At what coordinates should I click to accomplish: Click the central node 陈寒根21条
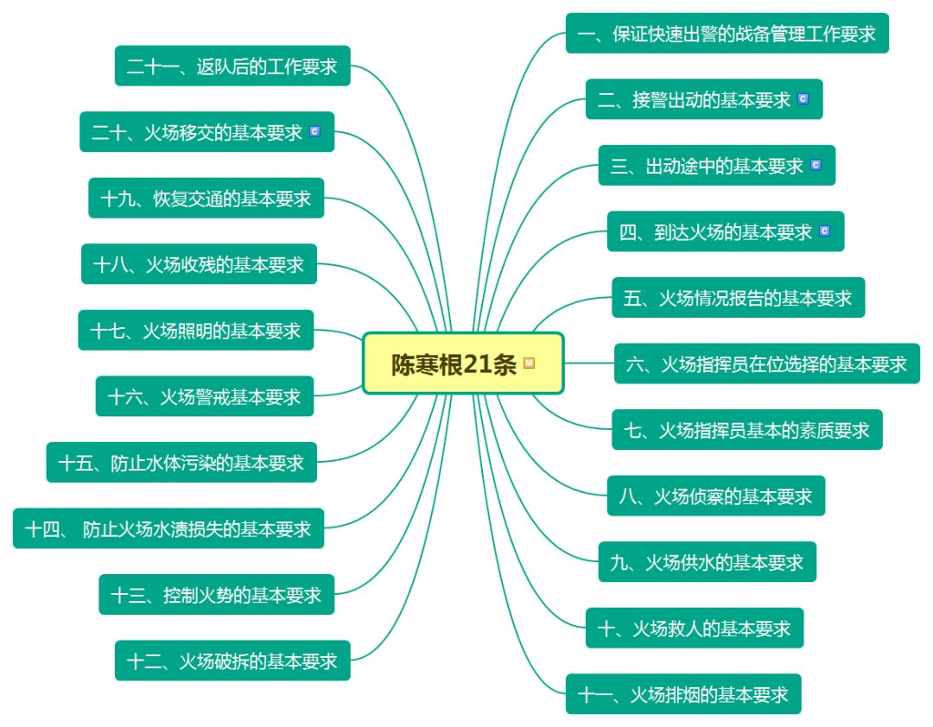tap(454, 363)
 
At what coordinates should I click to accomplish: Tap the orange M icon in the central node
tap(530, 363)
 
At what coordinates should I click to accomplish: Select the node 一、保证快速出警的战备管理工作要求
tap(727, 34)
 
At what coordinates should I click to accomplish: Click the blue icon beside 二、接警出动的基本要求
tap(803, 99)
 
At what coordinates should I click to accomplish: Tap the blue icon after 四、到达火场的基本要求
tap(823, 231)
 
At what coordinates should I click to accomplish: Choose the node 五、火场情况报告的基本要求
tap(738, 298)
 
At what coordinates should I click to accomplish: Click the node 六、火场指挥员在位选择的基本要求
tap(766, 363)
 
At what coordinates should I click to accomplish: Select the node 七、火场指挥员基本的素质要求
tap(746, 429)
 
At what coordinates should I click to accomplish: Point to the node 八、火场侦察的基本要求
tap(715, 496)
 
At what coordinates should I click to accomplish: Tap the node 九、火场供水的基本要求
tap(707, 562)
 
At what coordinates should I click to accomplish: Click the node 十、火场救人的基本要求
tap(694, 628)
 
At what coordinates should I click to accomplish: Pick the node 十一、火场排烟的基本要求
tap(683, 694)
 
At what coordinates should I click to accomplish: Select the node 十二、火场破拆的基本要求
tap(232, 661)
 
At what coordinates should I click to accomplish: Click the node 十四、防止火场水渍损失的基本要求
tap(168, 528)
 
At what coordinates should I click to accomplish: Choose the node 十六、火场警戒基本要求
tap(204, 396)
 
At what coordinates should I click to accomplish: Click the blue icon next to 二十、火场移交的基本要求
tap(314, 132)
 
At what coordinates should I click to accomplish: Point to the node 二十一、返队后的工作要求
tap(232, 66)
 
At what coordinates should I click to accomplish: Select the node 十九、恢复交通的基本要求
tap(206, 199)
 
